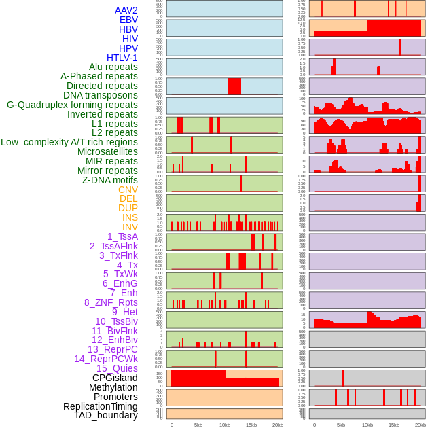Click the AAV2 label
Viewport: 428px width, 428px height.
click(x=126, y=11)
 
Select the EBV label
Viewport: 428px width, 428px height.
click(x=128, y=20)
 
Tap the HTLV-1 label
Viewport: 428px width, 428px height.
click(x=122, y=58)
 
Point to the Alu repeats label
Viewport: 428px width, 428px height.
click(x=113, y=67)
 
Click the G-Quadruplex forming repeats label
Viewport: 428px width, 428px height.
click(x=72, y=105)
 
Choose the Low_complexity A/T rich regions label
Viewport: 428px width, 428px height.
click(x=69, y=143)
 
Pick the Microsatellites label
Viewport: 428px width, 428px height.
click(x=107, y=152)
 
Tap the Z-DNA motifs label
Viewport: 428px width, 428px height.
click(x=110, y=180)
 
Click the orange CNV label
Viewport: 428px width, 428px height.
click(x=128, y=190)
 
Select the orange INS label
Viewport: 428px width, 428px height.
click(x=130, y=217)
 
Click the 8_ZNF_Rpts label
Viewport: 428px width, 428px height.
click(x=111, y=302)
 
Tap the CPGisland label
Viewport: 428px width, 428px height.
click(x=115, y=378)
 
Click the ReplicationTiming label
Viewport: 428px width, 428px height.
click(x=101, y=406)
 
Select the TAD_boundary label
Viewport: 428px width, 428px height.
click(x=106, y=415)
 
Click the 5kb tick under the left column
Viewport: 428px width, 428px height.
click(x=198, y=425)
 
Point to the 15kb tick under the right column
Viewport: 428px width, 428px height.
click(x=394, y=425)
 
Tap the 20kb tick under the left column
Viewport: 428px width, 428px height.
click(x=278, y=425)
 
